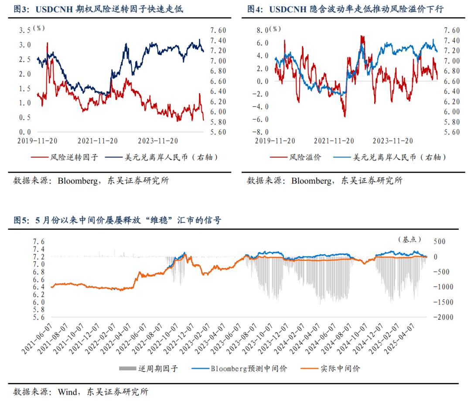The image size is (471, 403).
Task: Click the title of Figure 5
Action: click(x=117, y=221)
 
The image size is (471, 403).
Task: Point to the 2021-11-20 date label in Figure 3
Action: click(x=98, y=141)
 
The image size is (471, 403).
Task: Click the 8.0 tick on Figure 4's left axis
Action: click(x=262, y=30)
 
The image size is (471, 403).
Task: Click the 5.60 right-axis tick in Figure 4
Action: click(x=451, y=132)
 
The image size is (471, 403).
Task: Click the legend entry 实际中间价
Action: click(x=340, y=369)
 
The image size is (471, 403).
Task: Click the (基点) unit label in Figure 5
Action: click(x=410, y=239)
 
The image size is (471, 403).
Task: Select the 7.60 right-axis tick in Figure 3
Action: click(x=218, y=30)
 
